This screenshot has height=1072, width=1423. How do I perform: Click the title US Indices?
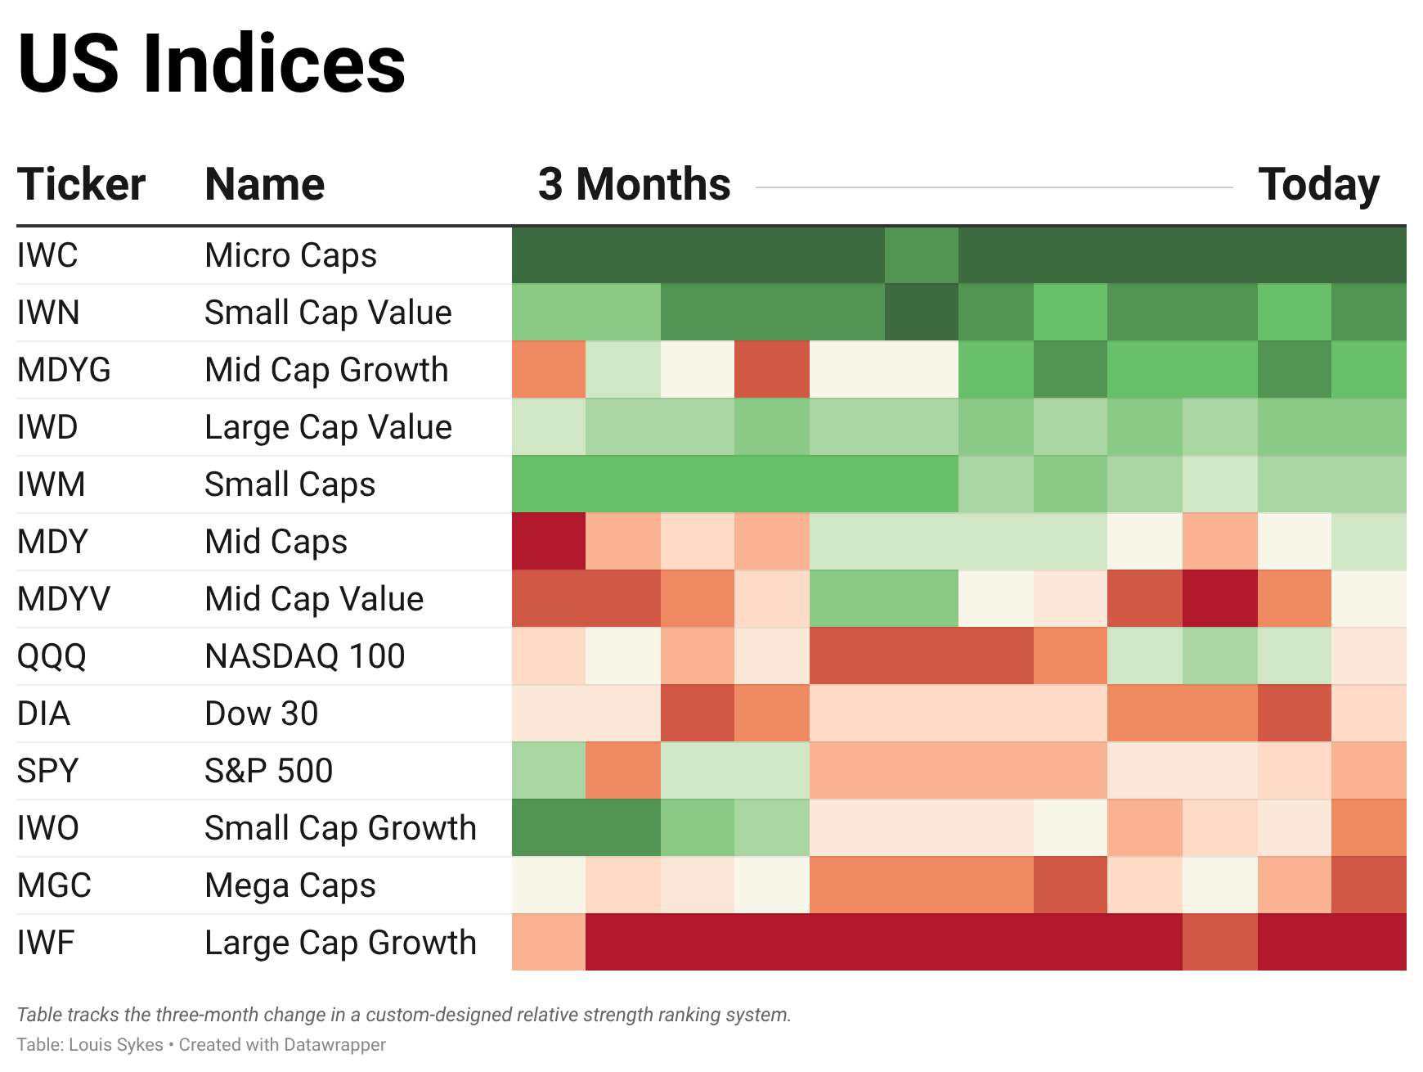click(x=211, y=64)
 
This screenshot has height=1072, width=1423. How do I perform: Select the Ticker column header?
click(x=81, y=184)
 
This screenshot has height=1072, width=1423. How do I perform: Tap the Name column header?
click(x=264, y=184)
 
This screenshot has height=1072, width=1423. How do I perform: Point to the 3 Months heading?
click(x=634, y=184)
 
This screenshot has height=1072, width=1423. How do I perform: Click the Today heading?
click(x=1318, y=184)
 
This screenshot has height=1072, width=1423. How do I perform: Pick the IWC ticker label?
click(x=47, y=255)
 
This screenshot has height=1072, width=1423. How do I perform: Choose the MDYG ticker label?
click(x=64, y=370)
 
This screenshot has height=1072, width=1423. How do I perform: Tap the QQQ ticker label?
click(x=52, y=656)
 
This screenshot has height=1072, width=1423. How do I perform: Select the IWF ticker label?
click(x=46, y=943)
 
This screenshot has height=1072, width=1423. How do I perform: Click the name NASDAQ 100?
click(x=304, y=656)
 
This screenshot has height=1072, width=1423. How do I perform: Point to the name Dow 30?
click(x=261, y=714)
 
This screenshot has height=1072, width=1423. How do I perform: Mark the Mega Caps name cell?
click(x=290, y=885)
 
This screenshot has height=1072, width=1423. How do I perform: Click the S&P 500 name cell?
click(x=268, y=771)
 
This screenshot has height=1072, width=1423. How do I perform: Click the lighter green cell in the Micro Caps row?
click(x=921, y=255)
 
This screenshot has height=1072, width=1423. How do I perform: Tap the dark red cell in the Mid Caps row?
click(x=549, y=542)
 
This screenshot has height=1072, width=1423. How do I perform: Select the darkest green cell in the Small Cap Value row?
click(x=921, y=313)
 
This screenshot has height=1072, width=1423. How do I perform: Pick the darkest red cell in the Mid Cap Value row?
click(x=1219, y=599)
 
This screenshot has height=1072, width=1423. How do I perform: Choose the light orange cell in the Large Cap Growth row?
click(x=549, y=943)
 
